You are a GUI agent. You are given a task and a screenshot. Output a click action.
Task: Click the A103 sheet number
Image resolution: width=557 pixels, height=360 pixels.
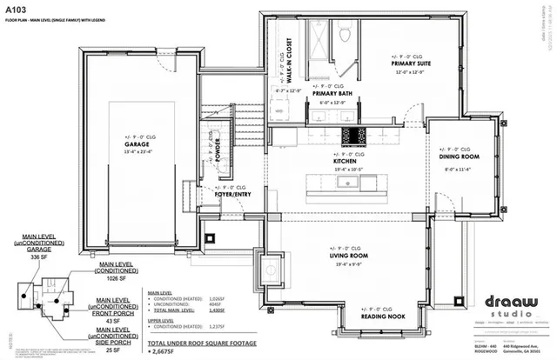point(16,8)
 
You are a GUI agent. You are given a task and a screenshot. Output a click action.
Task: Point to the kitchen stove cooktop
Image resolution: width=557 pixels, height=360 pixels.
point(354,136)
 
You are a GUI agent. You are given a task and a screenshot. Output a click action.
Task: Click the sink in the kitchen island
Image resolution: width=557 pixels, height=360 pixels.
point(339,185)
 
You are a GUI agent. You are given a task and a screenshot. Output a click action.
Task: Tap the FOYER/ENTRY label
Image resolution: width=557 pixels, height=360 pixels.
point(233,195)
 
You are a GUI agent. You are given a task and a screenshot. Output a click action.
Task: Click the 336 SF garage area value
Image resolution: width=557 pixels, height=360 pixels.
point(42,258)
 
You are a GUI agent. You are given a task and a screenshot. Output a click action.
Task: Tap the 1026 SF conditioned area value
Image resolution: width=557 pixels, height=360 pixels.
point(109,279)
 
